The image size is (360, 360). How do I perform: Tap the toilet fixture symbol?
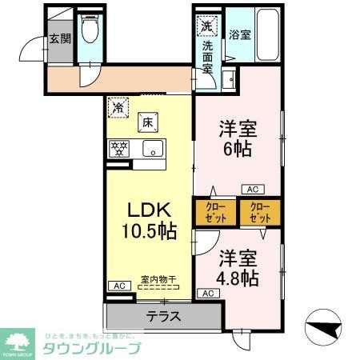point(90,31)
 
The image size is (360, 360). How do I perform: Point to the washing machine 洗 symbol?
point(206,26)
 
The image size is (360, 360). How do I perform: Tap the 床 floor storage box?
point(148,122)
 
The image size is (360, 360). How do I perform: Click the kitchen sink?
point(152,148)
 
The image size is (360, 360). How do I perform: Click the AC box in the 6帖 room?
point(252,190)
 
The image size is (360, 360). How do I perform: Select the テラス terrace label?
point(162,316)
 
